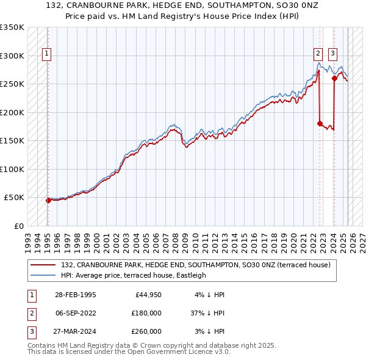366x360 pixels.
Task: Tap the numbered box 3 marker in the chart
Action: (332, 53)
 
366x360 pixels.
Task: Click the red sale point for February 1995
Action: (48, 200)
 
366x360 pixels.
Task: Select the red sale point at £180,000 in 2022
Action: (320, 123)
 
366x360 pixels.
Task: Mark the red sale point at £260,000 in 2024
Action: (334, 78)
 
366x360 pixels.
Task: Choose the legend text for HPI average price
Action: (133, 275)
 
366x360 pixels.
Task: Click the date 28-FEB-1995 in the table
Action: (74, 295)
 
